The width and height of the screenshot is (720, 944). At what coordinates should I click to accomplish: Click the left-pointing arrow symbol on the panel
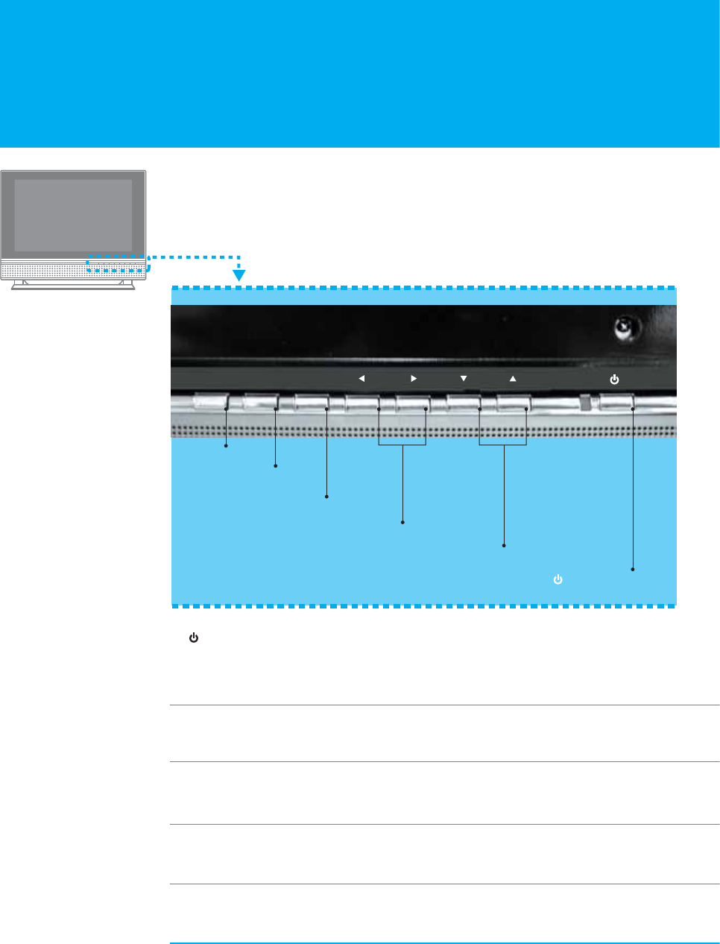tap(361, 379)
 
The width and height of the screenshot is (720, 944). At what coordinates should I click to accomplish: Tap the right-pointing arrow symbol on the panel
tap(414, 379)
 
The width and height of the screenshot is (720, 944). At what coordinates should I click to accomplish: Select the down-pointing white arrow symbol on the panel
tap(464, 379)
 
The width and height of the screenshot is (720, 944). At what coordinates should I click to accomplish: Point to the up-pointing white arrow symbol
tap(513, 379)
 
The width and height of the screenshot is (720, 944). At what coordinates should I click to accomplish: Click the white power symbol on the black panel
tap(614, 380)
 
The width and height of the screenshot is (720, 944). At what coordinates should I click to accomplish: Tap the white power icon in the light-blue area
tap(558, 579)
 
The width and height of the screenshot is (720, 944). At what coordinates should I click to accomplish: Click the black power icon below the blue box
tap(194, 638)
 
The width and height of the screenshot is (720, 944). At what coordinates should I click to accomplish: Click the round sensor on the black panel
tap(622, 327)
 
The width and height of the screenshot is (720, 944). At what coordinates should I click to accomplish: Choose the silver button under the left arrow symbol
tap(361, 403)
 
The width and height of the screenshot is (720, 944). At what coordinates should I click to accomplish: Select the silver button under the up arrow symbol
tap(513, 403)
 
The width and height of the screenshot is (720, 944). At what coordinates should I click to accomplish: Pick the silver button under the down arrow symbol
tap(463, 403)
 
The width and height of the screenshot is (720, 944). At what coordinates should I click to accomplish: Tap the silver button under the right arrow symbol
tap(412, 403)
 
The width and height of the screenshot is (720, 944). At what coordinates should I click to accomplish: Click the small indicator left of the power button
tap(585, 403)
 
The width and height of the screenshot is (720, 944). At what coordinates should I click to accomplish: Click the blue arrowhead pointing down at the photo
tap(239, 275)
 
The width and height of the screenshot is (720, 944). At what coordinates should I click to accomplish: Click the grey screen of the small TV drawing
tap(73, 215)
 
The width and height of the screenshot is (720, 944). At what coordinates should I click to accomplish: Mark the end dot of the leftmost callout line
tap(226, 446)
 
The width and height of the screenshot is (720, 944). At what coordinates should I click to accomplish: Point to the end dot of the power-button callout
tap(633, 570)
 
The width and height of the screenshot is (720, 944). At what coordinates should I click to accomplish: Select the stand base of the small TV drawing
tap(73, 286)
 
